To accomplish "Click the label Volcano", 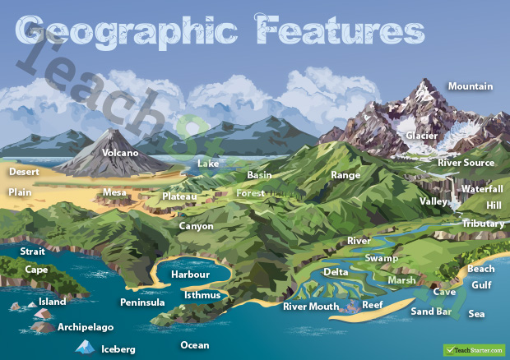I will coord(120,153).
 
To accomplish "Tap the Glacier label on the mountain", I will coord(422,136).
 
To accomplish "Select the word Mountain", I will coord(470,86).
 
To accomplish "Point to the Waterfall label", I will coord(481,189).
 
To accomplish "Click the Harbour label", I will coord(190,275).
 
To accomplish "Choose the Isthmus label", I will coord(202,295).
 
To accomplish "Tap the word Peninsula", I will coord(142,302).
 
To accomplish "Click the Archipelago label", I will coord(86,327).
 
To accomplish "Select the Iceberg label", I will coord(118,349).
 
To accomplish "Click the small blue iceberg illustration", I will coord(83,348).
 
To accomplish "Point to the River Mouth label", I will coord(311,307).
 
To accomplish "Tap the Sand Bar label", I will coord(429,312).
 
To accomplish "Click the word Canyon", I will coord(196,226).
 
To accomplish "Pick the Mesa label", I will coord(114,193).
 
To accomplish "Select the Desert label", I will coord(24,173).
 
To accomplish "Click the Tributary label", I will coord(483,224).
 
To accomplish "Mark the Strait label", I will coord(33,252).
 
